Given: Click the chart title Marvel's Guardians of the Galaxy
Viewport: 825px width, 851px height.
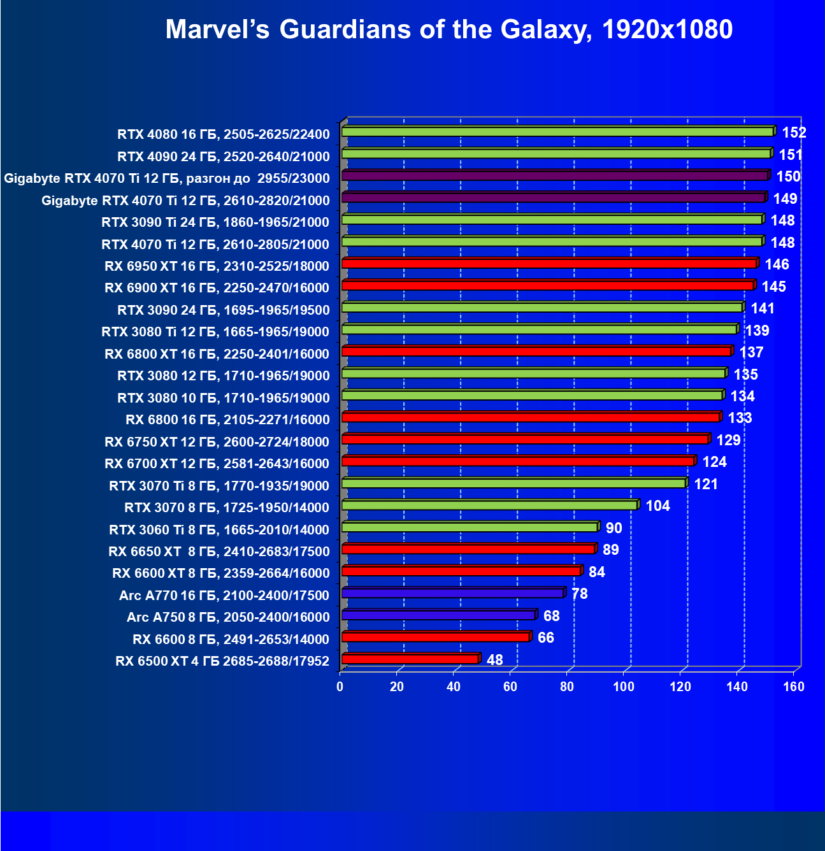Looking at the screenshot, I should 448,29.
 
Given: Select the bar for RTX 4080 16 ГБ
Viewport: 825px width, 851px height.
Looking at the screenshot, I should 557,132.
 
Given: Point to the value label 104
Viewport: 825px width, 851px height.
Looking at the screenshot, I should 657,506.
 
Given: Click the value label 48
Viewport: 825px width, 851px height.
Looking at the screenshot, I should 494,660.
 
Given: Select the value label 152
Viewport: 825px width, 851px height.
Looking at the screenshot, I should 794,132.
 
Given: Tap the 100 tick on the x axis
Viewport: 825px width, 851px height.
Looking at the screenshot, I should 624,687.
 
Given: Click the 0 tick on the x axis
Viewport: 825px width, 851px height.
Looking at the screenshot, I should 340,687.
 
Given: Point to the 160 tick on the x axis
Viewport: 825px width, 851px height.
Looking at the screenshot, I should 794,687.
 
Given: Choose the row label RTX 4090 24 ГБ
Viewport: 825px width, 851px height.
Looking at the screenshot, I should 223,157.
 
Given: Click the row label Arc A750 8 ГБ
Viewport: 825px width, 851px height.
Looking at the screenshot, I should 228,617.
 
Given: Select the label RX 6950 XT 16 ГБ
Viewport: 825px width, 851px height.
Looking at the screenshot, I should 217,266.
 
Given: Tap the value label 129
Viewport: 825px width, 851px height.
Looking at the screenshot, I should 728,440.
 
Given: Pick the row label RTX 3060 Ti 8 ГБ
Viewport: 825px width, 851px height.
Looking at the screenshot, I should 219,530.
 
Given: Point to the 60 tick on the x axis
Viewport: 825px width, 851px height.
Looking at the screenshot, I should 510,687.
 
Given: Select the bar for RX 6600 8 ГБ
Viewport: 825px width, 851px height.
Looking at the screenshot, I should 435,637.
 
